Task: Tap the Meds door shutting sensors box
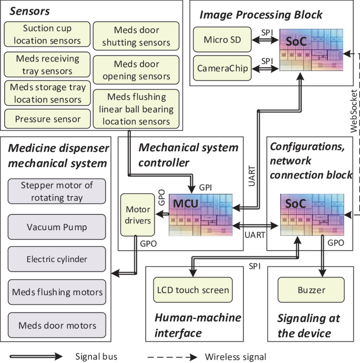(136, 36)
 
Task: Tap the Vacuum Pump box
(57, 227)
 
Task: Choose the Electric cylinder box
(57, 259)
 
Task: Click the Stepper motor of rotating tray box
(57, 191)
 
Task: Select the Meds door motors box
(57, 324)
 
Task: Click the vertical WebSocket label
(353, 110)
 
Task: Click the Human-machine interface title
(197, 324)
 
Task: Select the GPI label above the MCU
(204, 187)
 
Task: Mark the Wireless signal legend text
(236, 357)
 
